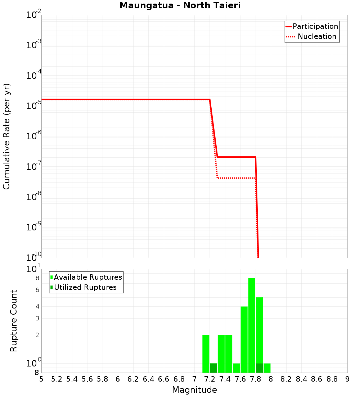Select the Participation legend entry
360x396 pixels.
[315, 26]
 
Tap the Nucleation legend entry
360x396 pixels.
[316, 36]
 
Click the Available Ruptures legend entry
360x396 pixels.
[88, 277]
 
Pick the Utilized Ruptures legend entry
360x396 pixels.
[85, 287]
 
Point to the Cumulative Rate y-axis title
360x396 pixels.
[7, 136]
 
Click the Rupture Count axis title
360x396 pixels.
[14, 321]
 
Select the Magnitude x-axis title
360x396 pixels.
[194, 390]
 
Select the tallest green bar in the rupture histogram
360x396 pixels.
[252, 324]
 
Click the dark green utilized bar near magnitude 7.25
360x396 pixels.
[213, 368]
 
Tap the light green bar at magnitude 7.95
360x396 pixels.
[267, 368]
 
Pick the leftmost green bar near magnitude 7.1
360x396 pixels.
[206, 353]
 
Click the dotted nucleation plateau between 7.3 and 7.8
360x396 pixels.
[236, 178]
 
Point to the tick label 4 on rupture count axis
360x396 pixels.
[37, 306]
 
